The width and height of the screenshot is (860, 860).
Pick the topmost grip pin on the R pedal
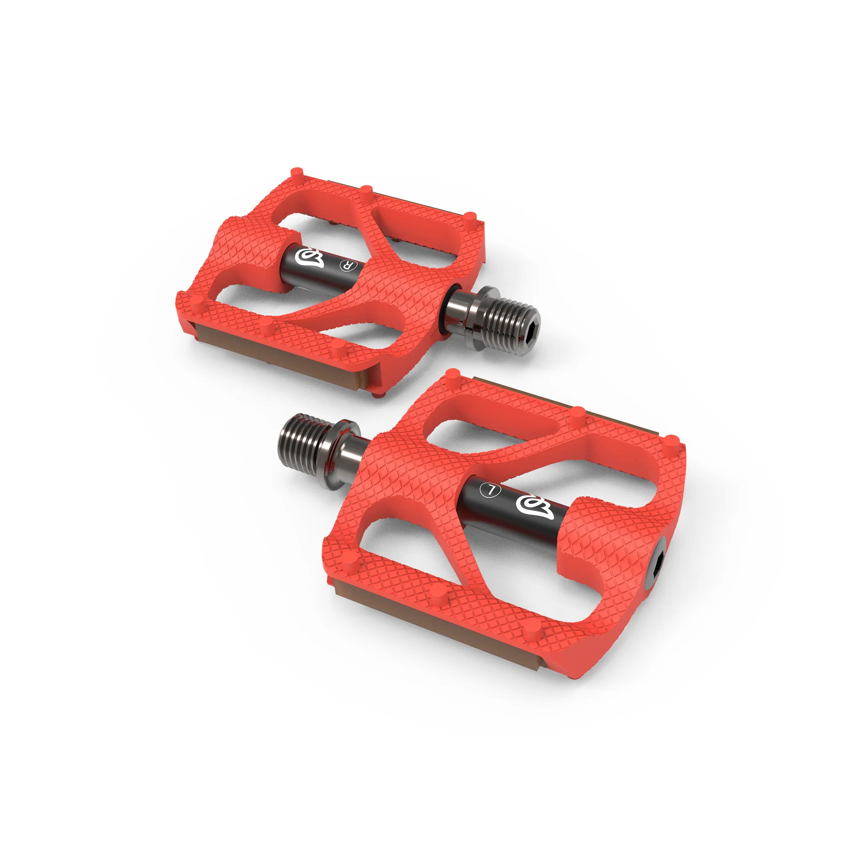pyautogui.click(x=296, y=172)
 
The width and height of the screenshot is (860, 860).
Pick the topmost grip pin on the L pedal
pyautogui.click(x=452, y=374)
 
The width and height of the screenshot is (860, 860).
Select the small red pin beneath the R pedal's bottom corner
pyautogui.click(x=377, y=393)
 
